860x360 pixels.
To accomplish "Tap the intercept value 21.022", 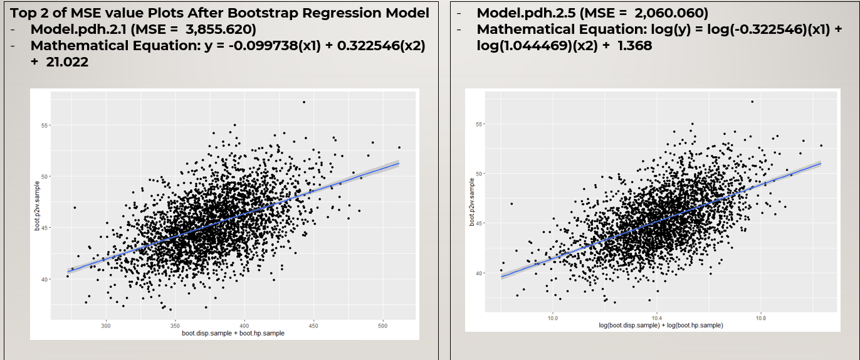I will click(67, 62).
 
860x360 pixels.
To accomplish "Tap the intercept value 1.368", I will click(633, 46).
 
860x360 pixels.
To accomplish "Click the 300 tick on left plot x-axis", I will click(106, 326).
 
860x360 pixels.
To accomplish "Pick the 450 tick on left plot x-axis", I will click(313, 326).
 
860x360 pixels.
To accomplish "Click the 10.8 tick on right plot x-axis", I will click(760, 318).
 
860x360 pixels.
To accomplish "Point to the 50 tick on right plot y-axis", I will click(479, 174).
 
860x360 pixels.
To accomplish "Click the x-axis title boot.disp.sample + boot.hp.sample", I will click(233, 333).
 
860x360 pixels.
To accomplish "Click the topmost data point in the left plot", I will click(304, 102).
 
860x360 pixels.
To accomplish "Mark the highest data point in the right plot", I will click(752, 101).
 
